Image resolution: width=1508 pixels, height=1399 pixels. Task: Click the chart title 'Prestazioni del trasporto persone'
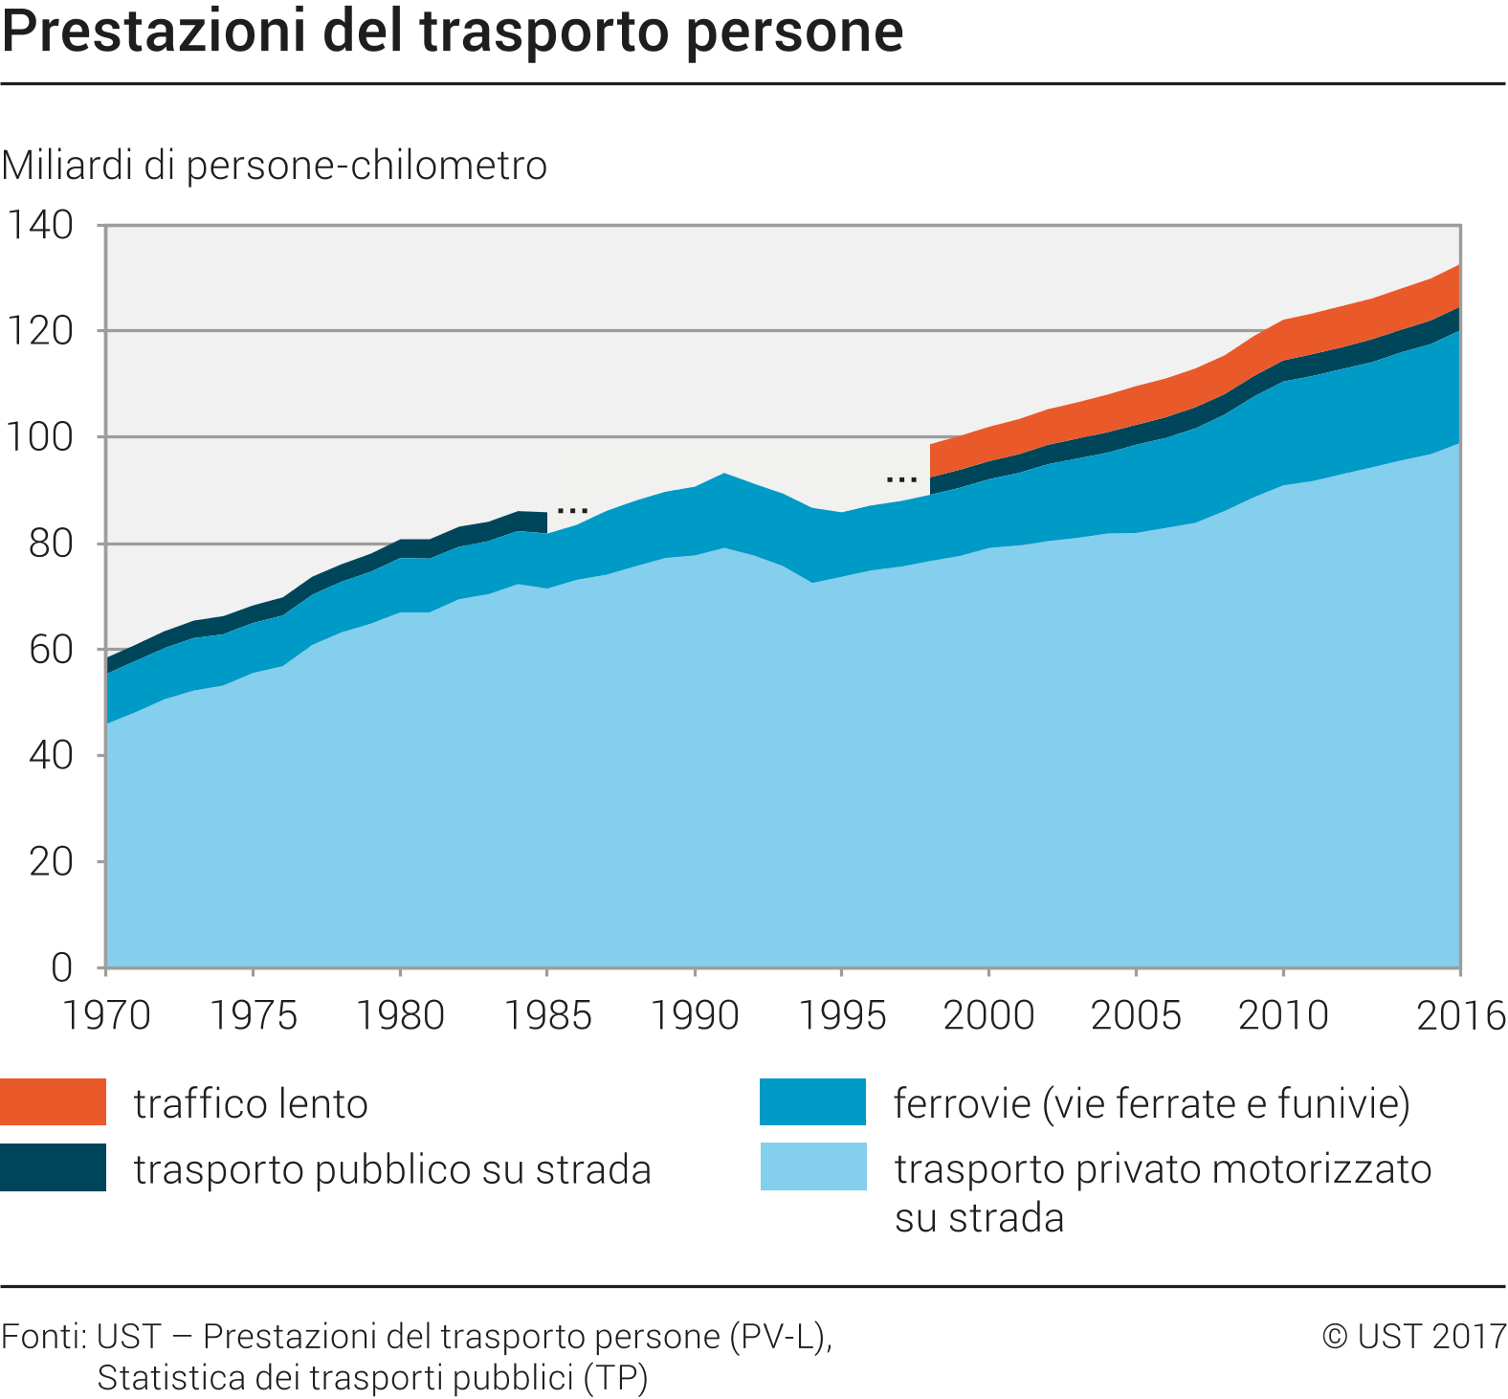(x=453, y=31)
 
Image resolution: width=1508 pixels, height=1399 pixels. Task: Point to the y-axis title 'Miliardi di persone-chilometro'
(x=275, y=166)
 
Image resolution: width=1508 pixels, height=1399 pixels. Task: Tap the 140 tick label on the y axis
(x=40, y=226)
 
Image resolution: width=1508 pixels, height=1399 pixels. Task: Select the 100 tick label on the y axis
(x=40, y=437)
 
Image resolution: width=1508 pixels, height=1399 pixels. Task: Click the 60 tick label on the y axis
(x=51, y=650)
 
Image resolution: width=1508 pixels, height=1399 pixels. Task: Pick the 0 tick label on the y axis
(x=61, y=967)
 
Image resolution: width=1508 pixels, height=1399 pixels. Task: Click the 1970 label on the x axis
(x=106, y=1015)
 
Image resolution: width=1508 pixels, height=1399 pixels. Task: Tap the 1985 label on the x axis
(x=547, y=1015)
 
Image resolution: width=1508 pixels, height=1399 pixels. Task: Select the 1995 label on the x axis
(x=842, y=1015)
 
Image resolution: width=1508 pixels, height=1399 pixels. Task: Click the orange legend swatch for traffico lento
(x=53, y=1101)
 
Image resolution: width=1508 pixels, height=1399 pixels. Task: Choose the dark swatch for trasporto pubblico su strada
(x=53, y=1167)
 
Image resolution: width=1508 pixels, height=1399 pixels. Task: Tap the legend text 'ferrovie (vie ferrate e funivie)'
(x=1152, y=1103)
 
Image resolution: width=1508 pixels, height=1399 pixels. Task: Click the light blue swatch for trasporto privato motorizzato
(x=813, y=1166)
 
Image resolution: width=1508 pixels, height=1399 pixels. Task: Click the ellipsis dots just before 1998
(x=901, y=478)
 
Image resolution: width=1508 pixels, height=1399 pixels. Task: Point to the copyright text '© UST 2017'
(x=1414, y=1336)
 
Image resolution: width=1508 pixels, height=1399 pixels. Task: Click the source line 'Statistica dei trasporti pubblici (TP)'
(x=372, y=1378)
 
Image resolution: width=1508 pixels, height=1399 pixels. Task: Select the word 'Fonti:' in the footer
(x=45, y=1336)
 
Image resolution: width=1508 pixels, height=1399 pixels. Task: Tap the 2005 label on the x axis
(x=1136, y=1015)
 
